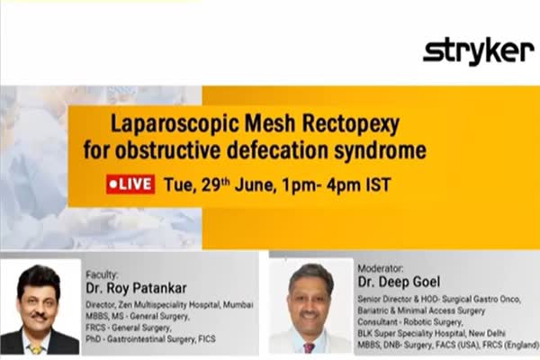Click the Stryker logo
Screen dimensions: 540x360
coord(479,51)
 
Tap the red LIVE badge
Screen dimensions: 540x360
coord(130,184)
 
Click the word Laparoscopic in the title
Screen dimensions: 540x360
coord(175,125)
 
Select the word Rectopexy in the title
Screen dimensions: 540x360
coord(351,125)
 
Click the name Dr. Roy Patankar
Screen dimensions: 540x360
coord(136,288)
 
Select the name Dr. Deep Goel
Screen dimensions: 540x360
coord(399,282)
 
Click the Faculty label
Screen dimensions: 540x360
coord(102,274)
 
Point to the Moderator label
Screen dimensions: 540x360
coord(380,268)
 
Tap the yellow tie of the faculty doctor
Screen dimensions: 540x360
coord(36,349)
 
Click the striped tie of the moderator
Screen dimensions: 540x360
coord(309,347)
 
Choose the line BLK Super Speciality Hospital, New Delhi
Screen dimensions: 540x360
coord(431,333)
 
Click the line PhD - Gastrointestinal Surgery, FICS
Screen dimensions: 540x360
coord(150,339)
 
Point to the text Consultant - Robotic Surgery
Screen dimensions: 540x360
coord(409,322)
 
